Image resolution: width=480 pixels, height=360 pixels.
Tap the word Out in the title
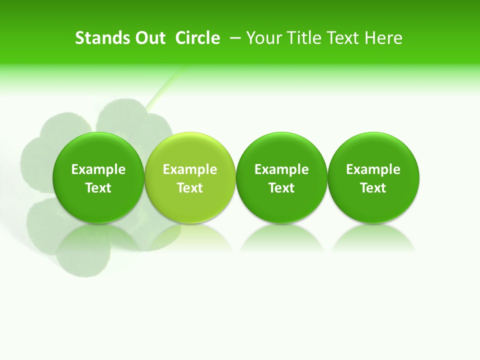click(144, 38)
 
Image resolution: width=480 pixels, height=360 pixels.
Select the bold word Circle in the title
click(197, 38)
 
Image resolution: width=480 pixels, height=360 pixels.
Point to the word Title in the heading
click(302, 38)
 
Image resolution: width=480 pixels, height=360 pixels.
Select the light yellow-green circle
click(190, 177)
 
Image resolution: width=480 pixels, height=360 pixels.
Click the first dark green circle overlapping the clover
click(98, 177)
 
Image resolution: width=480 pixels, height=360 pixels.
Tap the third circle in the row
click(281, 177)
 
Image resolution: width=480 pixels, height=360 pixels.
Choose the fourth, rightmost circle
click(373, 177)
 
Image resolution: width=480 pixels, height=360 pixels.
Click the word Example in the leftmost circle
click(98, 169)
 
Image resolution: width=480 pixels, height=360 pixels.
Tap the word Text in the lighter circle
click(190, 188)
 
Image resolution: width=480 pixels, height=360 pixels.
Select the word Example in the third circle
click(281, 169)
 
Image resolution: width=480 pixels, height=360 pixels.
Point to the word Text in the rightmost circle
click(373, 188)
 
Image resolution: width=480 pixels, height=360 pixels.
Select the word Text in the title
click(344, 38)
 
